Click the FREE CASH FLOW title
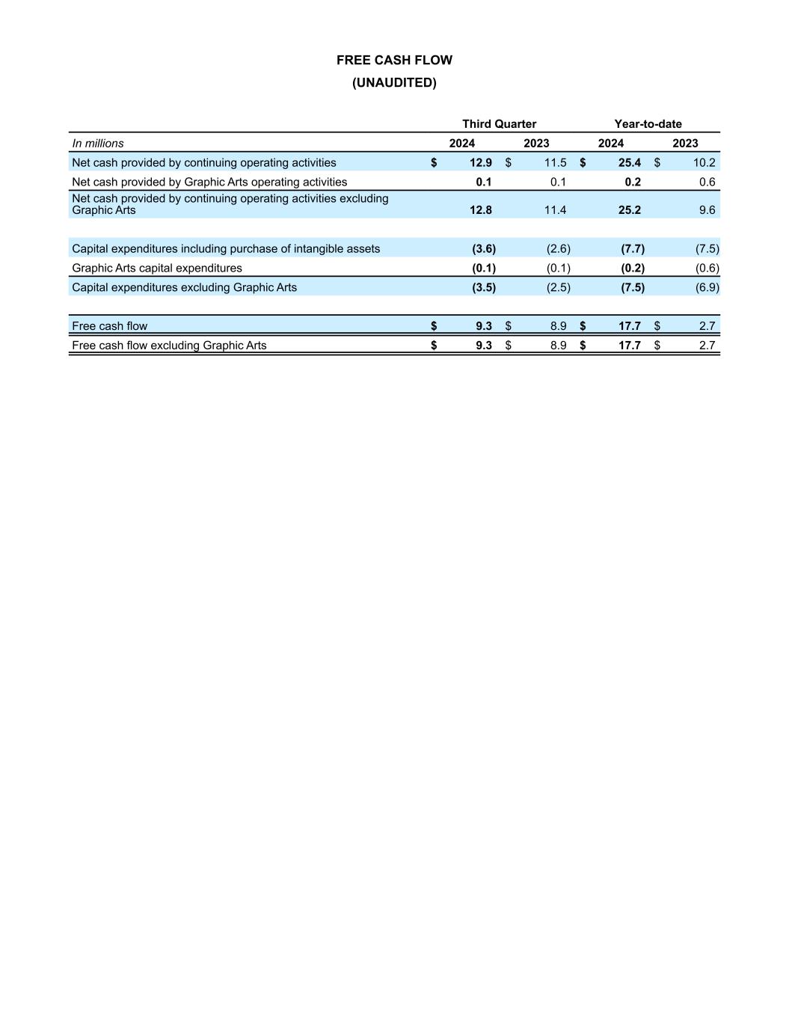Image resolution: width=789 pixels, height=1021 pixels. coord(394,61)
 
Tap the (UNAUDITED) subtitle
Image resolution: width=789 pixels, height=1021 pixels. coord(394,83)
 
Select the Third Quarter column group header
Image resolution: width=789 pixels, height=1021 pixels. coord(499,124)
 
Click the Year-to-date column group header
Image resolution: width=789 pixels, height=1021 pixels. coord(648,124)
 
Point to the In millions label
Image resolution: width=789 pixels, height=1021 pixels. coord(98,144)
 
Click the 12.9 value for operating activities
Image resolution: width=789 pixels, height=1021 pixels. coord(480,163)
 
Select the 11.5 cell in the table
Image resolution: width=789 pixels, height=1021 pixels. coord(555,163)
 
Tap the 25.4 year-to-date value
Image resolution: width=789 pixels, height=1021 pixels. coord(629,163)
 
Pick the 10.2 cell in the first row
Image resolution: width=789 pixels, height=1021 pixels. coord(704,163)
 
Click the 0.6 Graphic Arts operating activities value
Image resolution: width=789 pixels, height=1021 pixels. coord(707,183)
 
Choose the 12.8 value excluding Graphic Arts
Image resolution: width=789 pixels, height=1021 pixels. coord(480,210)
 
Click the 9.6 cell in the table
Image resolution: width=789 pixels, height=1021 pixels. coord(707,210)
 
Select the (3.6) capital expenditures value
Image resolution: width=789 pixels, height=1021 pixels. coord(484,249)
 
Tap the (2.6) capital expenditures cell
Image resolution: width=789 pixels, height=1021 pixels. coord(558,249)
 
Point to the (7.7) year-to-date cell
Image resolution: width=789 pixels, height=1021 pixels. coord(633,249)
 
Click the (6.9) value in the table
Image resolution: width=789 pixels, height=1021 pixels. coord(707,287)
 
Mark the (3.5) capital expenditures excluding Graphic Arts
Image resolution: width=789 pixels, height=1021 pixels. coord(484,287)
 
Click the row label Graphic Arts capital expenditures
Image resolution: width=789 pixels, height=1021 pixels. coord(157,269)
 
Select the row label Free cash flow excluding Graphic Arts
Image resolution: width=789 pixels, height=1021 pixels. coord(169,346)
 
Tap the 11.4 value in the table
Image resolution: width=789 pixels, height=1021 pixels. coord(555,210)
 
